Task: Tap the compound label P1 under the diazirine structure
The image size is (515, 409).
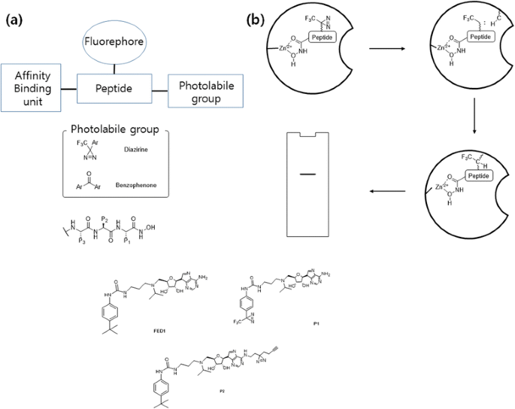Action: click(316, 322)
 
